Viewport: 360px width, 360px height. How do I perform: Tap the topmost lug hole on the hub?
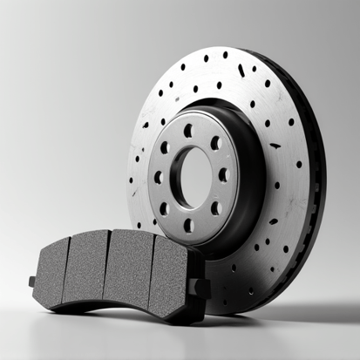pyautogui.click(x=188, y=131)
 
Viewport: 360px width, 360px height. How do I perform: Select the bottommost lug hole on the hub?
pyautogui.click(x=188, y=224)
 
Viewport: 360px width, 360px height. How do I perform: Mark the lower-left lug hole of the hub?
pyautogui.click(x=163, y=208)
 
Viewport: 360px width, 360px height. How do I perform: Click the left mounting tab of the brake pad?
pyautogui.click(x=33, y=282)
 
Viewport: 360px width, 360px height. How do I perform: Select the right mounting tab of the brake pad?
pyautogui.click(x=202, y=287)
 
